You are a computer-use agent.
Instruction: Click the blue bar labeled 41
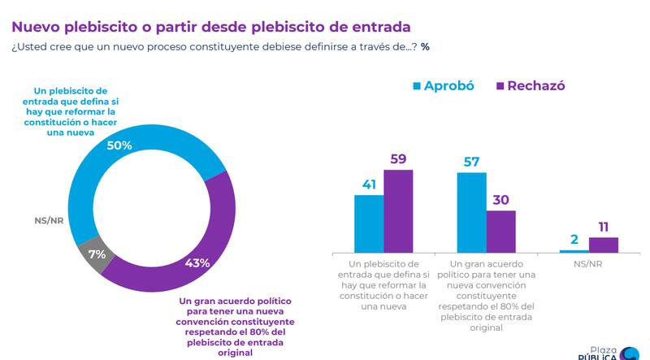(x=369, y=223)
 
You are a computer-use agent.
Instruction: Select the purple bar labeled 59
(x=398, y=211)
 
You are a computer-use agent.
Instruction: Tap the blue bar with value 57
(x=472, y=213)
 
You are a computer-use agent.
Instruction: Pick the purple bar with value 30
(x=501, y=232)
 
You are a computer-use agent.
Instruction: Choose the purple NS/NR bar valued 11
(x=604, y=244)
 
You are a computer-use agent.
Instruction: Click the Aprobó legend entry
(x=444, y=85)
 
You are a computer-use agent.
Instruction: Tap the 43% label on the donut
(x=197, y=262)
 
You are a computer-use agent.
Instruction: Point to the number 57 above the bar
(x=472, y=160)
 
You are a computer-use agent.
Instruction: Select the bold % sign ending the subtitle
(x=425, y=46)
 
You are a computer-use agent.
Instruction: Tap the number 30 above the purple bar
(x=501, y=198)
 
